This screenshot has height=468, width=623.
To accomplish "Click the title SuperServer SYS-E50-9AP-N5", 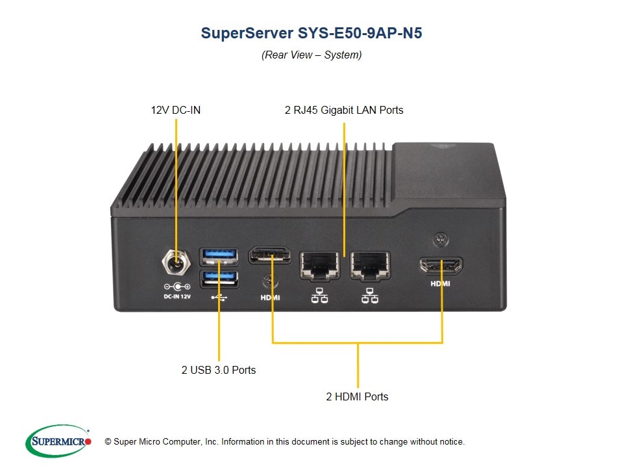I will coord(311,33).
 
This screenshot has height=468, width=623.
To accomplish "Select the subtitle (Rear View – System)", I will coord(311,55).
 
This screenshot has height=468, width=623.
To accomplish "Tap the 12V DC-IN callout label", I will coord(176,110).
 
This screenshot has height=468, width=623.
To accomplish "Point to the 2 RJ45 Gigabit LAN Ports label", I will coord(344,110).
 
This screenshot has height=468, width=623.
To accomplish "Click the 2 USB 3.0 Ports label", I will coord(219,370).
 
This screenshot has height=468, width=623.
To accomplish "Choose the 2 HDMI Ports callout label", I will coord(357,396).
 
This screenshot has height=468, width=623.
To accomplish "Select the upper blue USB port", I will coord(219,255).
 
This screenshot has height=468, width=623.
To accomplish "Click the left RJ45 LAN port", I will coord(319,266).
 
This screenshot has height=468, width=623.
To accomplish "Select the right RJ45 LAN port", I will coord(369,266).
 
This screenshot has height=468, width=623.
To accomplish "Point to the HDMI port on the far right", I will coord(441,266).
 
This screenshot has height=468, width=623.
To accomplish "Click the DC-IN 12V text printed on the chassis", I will coord(177,296).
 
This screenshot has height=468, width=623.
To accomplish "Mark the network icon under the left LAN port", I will coord(319,296).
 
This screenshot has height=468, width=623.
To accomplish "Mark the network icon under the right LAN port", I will coord(369,296).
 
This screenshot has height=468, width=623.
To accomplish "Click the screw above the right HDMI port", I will coord(442,240).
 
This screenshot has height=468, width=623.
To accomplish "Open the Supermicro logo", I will coord(58,441).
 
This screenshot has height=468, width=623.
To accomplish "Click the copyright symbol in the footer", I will coord(108,442).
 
